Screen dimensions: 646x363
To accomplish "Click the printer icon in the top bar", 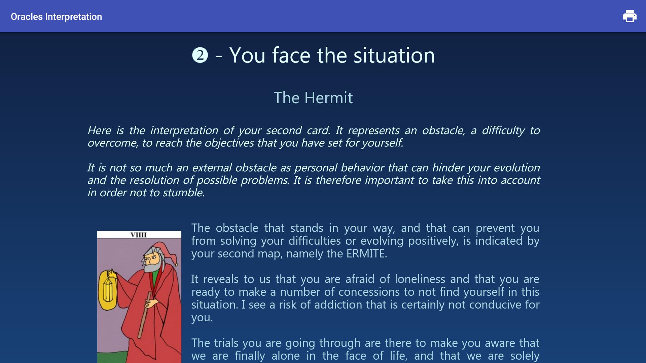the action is (630, 16).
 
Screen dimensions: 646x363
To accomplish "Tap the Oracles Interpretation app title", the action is (56, 16).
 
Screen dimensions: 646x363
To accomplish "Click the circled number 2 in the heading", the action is (200, 55).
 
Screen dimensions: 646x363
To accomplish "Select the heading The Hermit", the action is (313, 98).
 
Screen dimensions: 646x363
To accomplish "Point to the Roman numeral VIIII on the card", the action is (139, 235).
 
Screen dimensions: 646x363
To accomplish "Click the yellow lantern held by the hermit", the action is (108, 290).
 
